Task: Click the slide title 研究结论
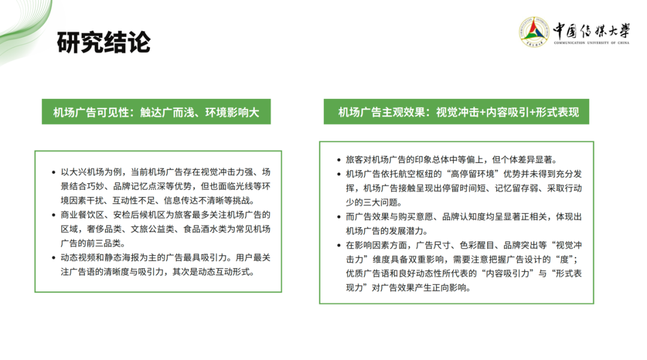(104, 42)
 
